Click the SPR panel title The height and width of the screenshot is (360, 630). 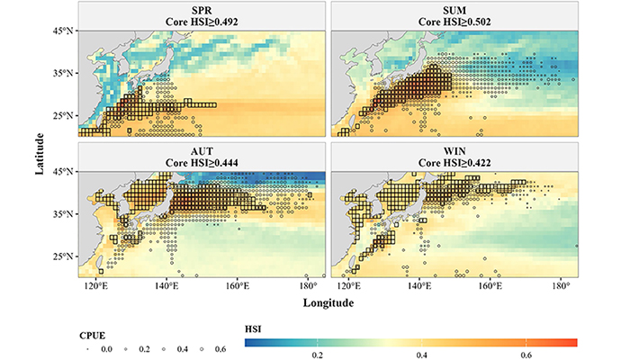202,9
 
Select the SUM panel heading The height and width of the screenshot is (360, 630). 454,9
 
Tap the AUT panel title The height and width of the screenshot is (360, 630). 202,151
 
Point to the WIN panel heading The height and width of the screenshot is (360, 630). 454,151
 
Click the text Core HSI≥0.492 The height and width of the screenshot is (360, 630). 202,22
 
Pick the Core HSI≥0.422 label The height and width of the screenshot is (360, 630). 454,163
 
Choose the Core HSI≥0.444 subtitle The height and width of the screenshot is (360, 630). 202,163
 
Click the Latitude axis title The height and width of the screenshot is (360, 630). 40,154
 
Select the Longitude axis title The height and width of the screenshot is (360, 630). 328,302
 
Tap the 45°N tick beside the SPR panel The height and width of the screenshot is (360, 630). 64,31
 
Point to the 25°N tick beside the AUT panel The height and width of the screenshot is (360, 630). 64,256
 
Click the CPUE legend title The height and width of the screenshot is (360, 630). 93,336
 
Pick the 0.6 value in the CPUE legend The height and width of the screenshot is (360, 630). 220,349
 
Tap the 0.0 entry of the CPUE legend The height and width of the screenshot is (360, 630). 106,349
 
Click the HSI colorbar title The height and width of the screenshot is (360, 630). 253,329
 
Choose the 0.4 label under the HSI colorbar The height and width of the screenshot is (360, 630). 421,355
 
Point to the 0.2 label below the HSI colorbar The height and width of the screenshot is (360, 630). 317,355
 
